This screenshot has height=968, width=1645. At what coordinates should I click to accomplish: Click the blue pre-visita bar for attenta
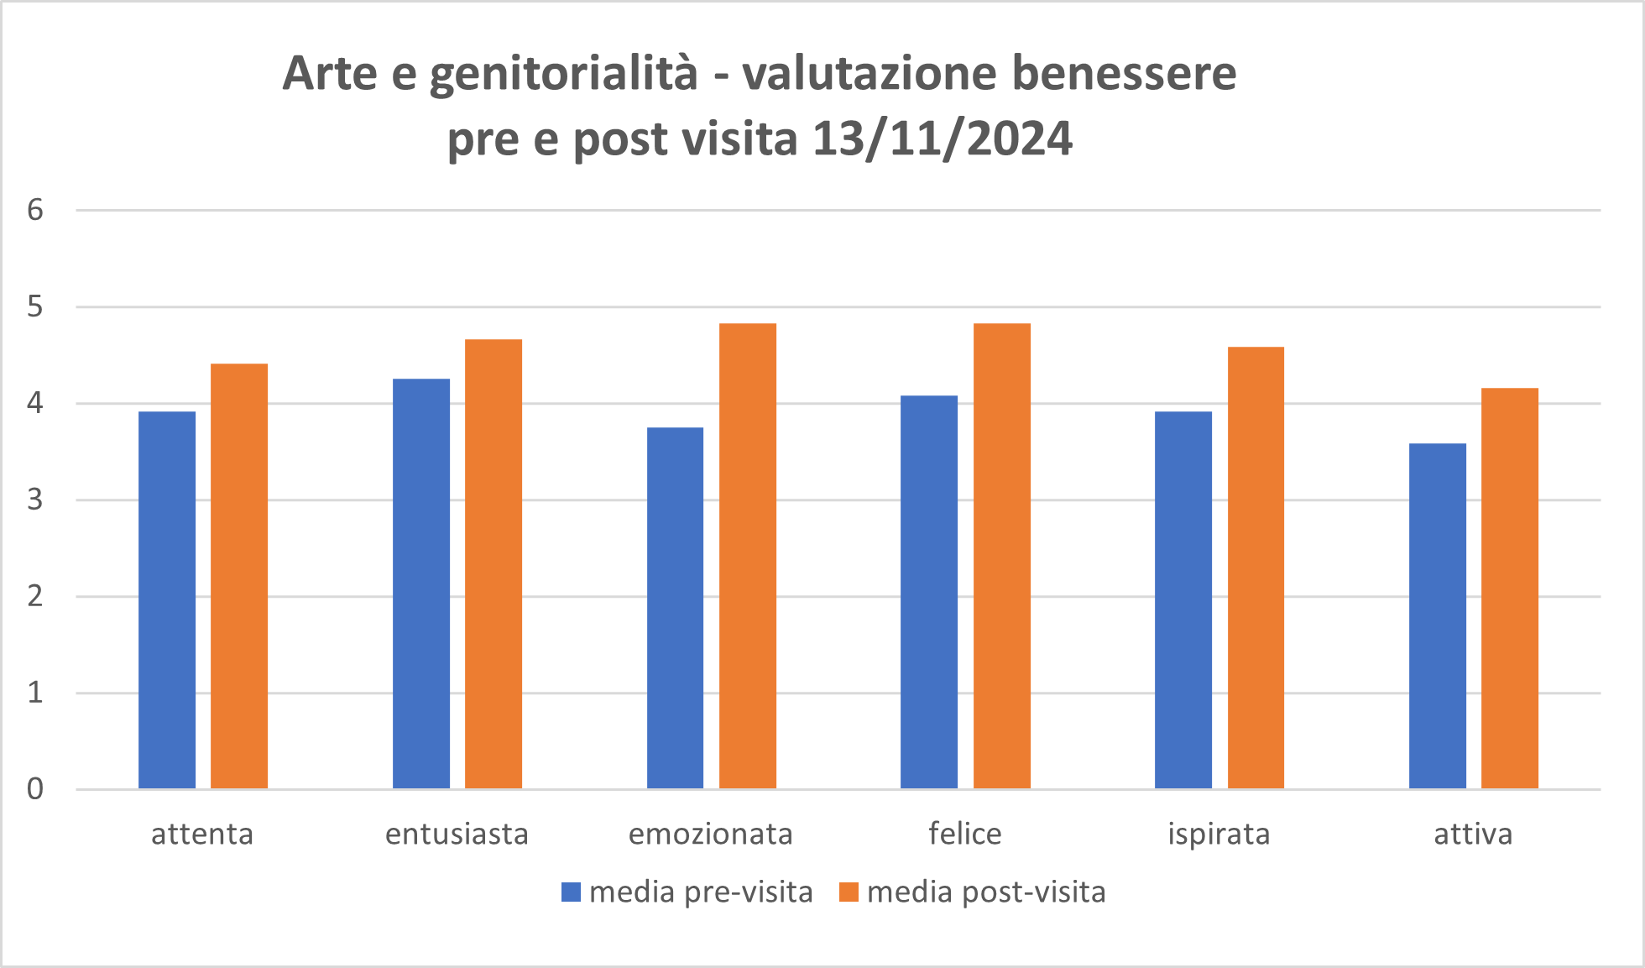pyautogui.click(x=167, y=599)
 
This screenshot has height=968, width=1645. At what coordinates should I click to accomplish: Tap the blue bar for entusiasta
pyautogui.click(x=421, y=583)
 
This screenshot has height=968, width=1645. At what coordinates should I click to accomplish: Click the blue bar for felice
pyautogui.click(x=929, y=592)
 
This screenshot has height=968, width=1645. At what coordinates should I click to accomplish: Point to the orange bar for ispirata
pyautogui.click(x=1256, y=568)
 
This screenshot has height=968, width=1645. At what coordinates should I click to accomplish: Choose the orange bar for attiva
pyautogui.click(x=1510, y=588)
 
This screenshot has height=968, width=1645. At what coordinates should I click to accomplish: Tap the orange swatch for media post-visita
pyautogui.click(x=849, y=892)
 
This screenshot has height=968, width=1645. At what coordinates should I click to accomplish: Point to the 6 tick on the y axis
pyautogui.click(x=35, y=210)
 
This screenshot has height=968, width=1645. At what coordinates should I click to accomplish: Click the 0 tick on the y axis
pyautogui.click(x=35, y=789)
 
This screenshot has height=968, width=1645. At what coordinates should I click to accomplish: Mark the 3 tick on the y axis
pyautogui.click(x=35, y=500)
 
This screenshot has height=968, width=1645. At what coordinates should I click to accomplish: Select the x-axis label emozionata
pyautogui.click(x=711, y=834)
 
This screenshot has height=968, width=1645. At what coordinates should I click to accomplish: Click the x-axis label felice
pyautogui.click(x=965, y=834)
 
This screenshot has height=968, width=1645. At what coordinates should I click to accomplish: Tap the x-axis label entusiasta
pyautogui.click(x=457, y=834)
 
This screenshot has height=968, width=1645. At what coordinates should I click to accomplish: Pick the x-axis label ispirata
pyautogui.click(x=1219, y=834)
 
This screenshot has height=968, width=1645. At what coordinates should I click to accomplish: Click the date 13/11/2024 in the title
pyautogui.click(x=943, y=139)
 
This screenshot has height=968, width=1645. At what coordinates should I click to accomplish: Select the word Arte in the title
pyautogui.click(x=330, y=73)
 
